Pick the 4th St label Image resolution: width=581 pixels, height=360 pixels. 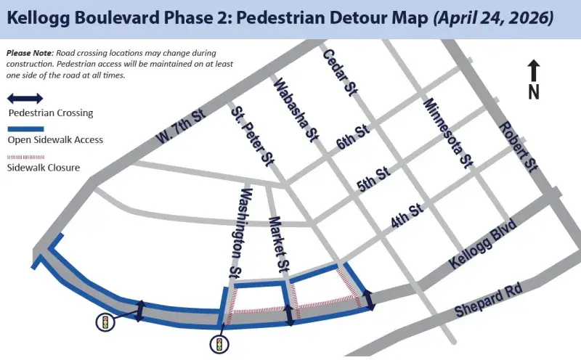(406, 216)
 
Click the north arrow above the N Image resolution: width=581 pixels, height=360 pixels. (534, 70)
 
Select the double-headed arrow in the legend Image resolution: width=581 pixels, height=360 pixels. (25, 98)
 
